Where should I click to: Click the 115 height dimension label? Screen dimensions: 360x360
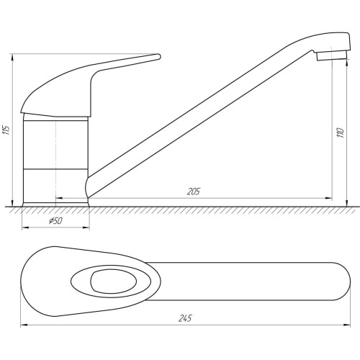coord(7,130)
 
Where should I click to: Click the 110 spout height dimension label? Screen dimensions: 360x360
coord(341,132)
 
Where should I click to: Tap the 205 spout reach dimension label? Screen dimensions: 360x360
coord(194,192)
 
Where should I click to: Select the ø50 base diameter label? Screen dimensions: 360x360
coord(55,220)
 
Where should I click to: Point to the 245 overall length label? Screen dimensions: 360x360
coord(185,318)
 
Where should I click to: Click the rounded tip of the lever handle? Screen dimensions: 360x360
coord(158,56)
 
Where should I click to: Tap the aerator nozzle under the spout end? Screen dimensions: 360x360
coord(332,55)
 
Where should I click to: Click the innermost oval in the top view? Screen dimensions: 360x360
coord(114,282)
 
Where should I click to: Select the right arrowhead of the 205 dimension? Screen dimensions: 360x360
coord(329,198)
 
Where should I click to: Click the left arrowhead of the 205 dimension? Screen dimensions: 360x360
coord(59,198)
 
